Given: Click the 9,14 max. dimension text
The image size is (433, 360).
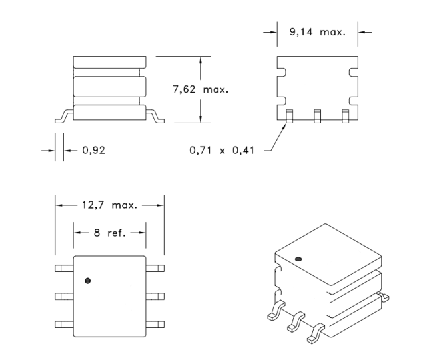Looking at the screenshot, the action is [x=318, y=32].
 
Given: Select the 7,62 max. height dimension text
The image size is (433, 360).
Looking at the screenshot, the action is [x=201, y=89].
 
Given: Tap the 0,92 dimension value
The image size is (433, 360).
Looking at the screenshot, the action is [x=94, y=150].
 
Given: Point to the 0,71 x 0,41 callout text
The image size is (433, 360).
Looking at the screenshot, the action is [x=222, y=150].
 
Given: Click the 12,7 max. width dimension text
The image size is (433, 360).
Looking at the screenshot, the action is [x=109, y=205].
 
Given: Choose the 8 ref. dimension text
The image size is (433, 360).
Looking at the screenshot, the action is [x=110, y=233].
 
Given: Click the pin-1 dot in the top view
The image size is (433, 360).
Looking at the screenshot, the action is [x=87, y=281].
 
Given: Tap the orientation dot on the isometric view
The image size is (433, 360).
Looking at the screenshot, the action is [x=298, y=259].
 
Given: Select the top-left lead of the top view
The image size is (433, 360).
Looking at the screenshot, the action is [x=64, y=268].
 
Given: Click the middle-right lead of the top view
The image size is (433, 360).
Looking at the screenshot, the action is [x=155, y=297].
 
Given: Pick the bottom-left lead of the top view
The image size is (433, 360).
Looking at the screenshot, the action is [x=64, y=325].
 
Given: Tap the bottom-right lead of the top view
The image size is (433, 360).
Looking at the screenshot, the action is [x=155, y=325].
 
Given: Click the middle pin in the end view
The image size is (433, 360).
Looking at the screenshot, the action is [x=318, y=116].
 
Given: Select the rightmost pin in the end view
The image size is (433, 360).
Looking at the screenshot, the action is [x=346, y=116].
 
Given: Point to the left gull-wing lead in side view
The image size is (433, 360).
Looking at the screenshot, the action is [x=64, y=117].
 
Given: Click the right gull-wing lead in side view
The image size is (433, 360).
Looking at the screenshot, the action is [x=155, y=117].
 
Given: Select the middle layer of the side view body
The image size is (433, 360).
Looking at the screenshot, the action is [x=109, y=87].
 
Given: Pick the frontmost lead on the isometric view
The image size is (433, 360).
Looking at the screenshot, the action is [x=316, y=333].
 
